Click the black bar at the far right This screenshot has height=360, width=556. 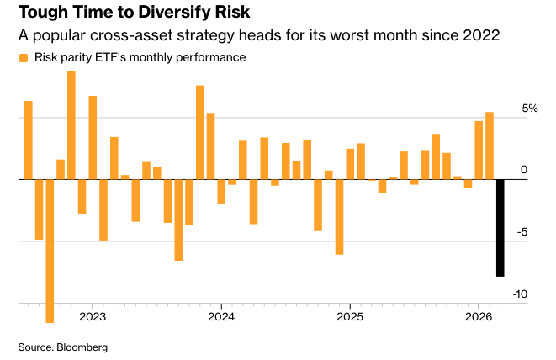500,227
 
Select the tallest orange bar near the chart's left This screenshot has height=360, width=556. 71,124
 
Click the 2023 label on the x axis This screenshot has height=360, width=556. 92,316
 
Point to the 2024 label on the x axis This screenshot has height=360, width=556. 220,316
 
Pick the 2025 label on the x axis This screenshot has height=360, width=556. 349,316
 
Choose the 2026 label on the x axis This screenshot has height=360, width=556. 479,316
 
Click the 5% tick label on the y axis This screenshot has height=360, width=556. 530,109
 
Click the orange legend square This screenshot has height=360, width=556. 23,59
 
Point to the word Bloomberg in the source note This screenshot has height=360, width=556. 83,347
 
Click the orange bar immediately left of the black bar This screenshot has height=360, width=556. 490,146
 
